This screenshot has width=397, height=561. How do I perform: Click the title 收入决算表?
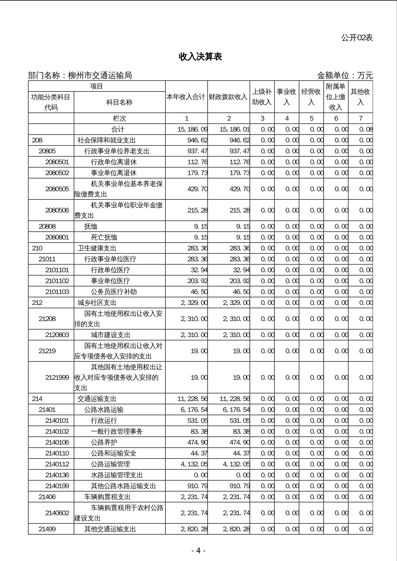pyautogui.click(x=200, y=57)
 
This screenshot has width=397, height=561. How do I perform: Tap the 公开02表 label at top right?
pyautogui.click(x=357, y=38)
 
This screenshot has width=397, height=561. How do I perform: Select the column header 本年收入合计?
pyautogui.click(x=186, y=97)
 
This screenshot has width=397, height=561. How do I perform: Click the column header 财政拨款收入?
pyautogui.click(x=228, y=97)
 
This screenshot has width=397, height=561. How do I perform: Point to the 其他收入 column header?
pyautogui.click(x=360, y=97)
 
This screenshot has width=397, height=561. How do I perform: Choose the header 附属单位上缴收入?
pyautogui.click(x=336, y=97)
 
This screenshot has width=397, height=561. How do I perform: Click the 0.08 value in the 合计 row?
pyautogui.click(x=366, y=129)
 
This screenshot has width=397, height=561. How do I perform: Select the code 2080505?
pyautogui.click(x=57, y=189)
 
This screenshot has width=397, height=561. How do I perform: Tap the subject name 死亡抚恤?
pyautogui.click(x=104, y=237)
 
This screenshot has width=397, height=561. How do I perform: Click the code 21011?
pyautogui.click(x=47, y=259)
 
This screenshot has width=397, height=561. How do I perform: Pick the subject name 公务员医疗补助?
pyautogui.click(x=114, y=292)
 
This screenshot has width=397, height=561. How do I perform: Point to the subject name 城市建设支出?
pyautogui.click(x=110, y=335)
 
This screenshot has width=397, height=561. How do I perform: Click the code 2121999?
pyautogui.click(x=57, y=377)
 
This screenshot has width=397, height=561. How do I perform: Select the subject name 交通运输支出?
pyautogui.click(x=97, y=399)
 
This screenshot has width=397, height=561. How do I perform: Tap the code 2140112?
pyautogui.click(x=57, y=464)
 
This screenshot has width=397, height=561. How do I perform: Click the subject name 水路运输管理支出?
pyautogui.click(x=117, y=475)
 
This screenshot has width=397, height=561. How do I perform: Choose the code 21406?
pyautogui.click(x=47, y=497)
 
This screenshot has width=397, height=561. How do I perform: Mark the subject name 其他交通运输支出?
pyautogui.click(x=110, y=529)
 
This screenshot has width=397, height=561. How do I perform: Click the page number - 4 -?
pyautogui.click(x=198, y=551)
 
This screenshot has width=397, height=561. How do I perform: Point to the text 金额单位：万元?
pyautogui.click(x=345, y=76)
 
